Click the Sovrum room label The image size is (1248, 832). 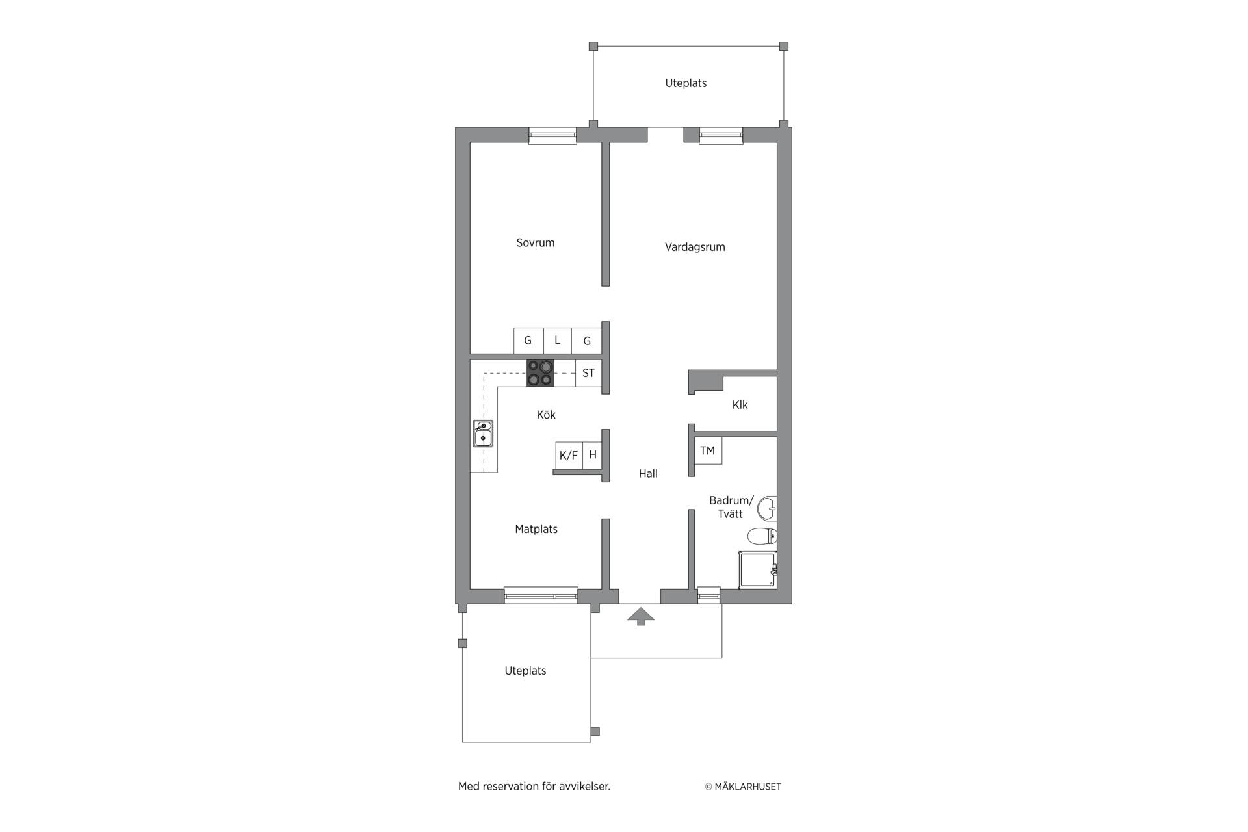(x=535, y=243)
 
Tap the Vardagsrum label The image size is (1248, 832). (x=695, y=247)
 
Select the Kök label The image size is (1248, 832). (x=546, y=415)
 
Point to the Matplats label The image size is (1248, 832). (x=536, y=529)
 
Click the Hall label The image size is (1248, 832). (x=648, y=474)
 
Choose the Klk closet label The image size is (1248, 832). (x=740, y=405)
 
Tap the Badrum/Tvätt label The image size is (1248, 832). (x=731, y=507)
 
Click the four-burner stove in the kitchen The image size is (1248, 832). (x=540, y=373)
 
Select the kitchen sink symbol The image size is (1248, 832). (x=483, y=434)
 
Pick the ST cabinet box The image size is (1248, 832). (x=588, y=373)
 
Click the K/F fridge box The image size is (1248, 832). (x=569, y=455)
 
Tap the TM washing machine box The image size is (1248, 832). (x=708, y=450)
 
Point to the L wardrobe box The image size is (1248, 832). (x=557, y=341)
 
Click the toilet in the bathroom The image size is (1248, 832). (x=762, y=536)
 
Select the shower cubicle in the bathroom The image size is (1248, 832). (x=757, y=569)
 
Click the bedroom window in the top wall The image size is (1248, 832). (x=552, y=136)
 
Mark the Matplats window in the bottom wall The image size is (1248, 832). (x=541, y=595)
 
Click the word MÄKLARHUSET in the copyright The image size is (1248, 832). (x=747, y=786)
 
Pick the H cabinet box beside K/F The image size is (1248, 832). (x=593, y=455)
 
